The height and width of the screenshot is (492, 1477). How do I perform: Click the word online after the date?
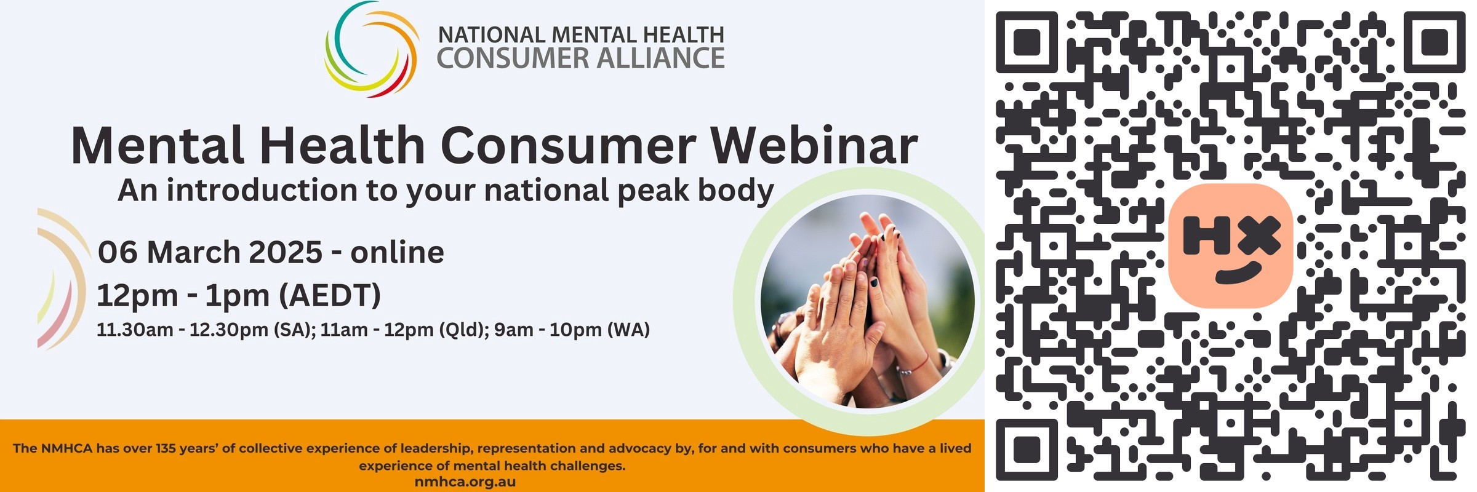click(x=397, y=252)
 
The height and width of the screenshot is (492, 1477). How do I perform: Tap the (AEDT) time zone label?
click(x=330, y=296)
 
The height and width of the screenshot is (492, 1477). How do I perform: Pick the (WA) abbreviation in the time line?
click(x=629, y=330)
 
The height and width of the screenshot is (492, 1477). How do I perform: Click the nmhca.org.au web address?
click(x=465, y=482)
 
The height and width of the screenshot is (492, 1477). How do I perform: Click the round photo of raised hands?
click(x=867, y=301)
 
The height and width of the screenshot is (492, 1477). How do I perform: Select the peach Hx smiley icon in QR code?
click(x=1230, y=245)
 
